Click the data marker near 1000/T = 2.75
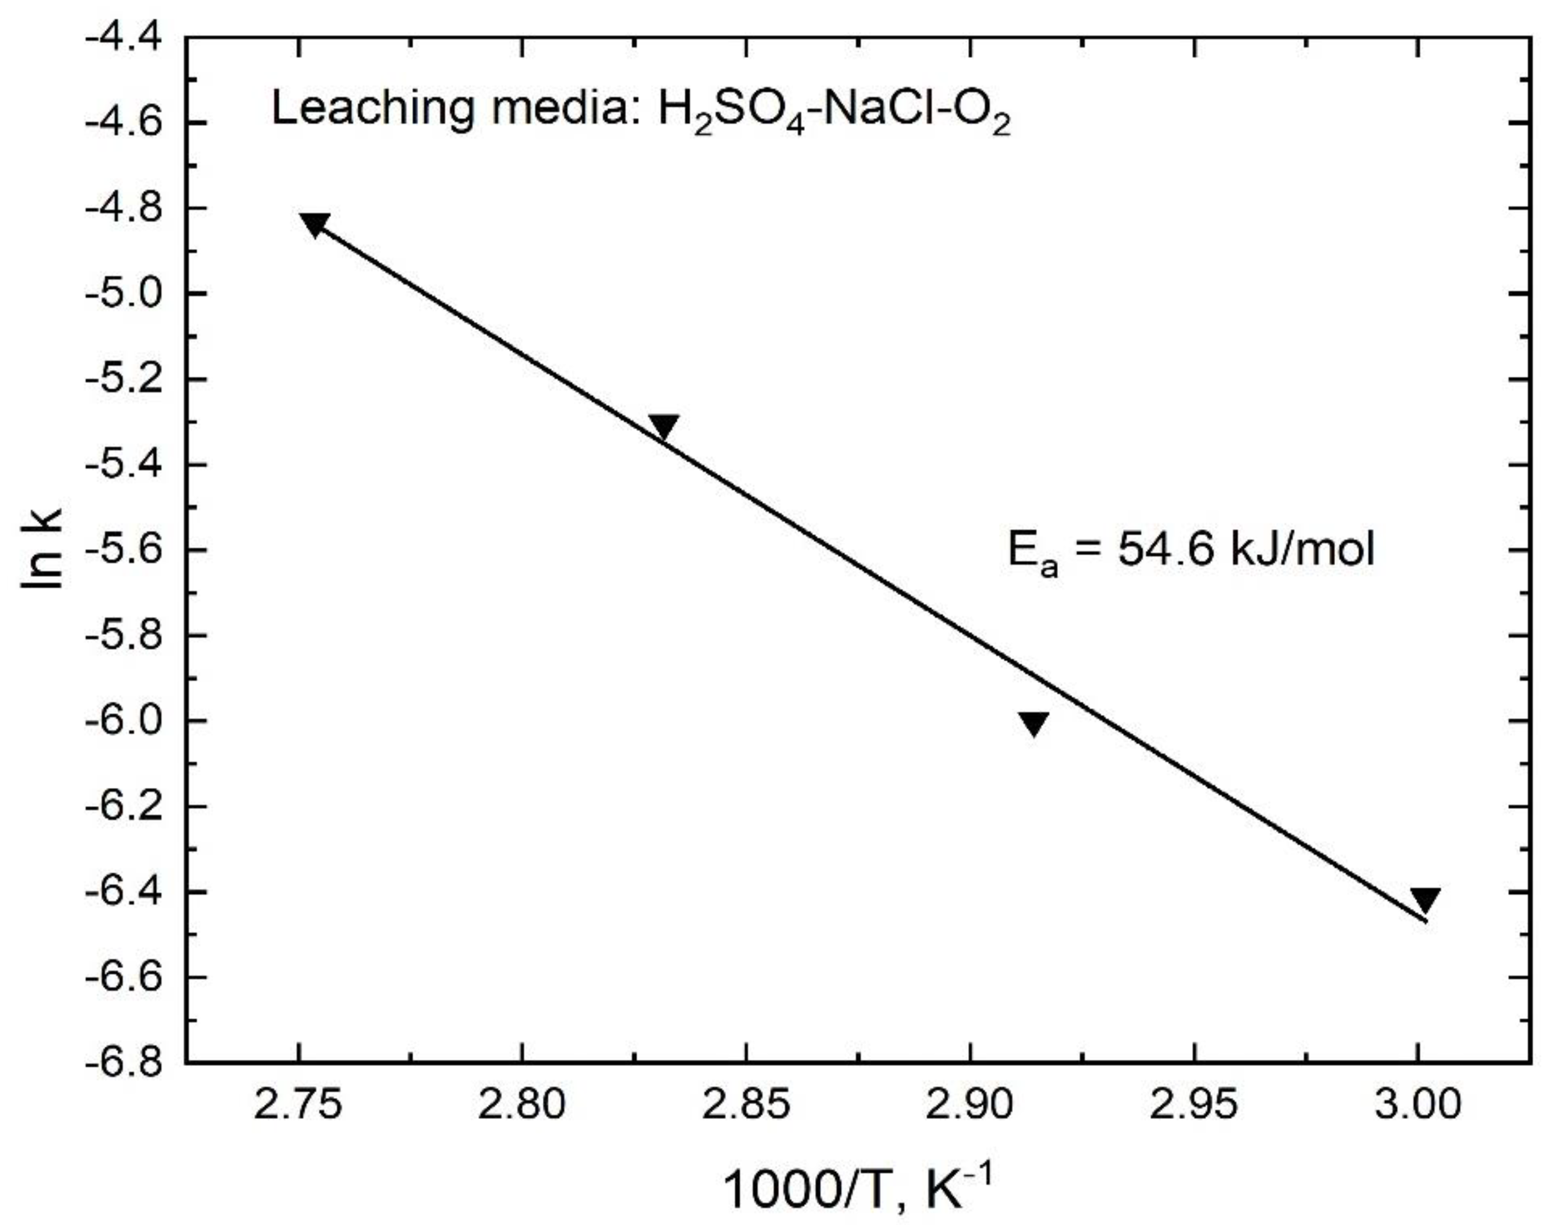click(314, 224)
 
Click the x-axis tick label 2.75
click(298, 1105)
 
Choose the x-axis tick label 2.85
click(745, 1105)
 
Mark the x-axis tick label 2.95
click(1193, 1105)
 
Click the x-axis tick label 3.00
click(1417, 1105)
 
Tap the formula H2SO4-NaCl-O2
click(834, 113)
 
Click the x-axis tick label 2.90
click(969, 1105)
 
